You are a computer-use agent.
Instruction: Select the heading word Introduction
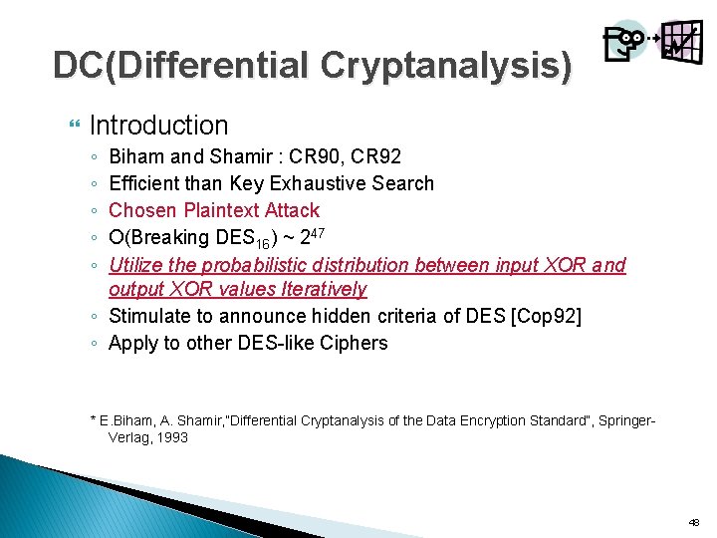158,126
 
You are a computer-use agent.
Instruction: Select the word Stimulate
150,316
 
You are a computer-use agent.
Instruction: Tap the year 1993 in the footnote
169,437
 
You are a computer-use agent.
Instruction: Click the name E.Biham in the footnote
125,420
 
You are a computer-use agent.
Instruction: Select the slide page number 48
693,522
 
